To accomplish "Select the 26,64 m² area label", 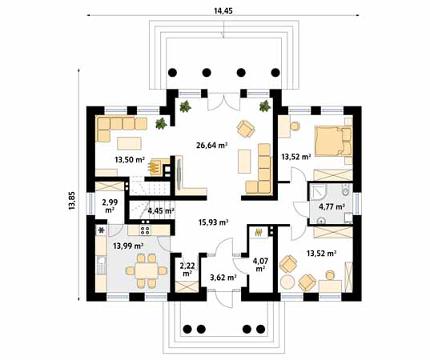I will tap(212, 146).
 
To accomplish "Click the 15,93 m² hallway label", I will tap(213, 223).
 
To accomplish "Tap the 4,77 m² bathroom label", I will tap(332, 207).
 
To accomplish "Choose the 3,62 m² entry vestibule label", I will tap(222, 278).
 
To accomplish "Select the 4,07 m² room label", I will tap(261, 264).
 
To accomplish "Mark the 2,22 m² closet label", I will tap(187, 269).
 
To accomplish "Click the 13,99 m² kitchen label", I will tap(127, 246).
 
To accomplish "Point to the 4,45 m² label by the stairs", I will tap(161, 211).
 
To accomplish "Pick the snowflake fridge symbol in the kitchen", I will tap(101, 230).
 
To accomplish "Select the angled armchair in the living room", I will tap(244, 127).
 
